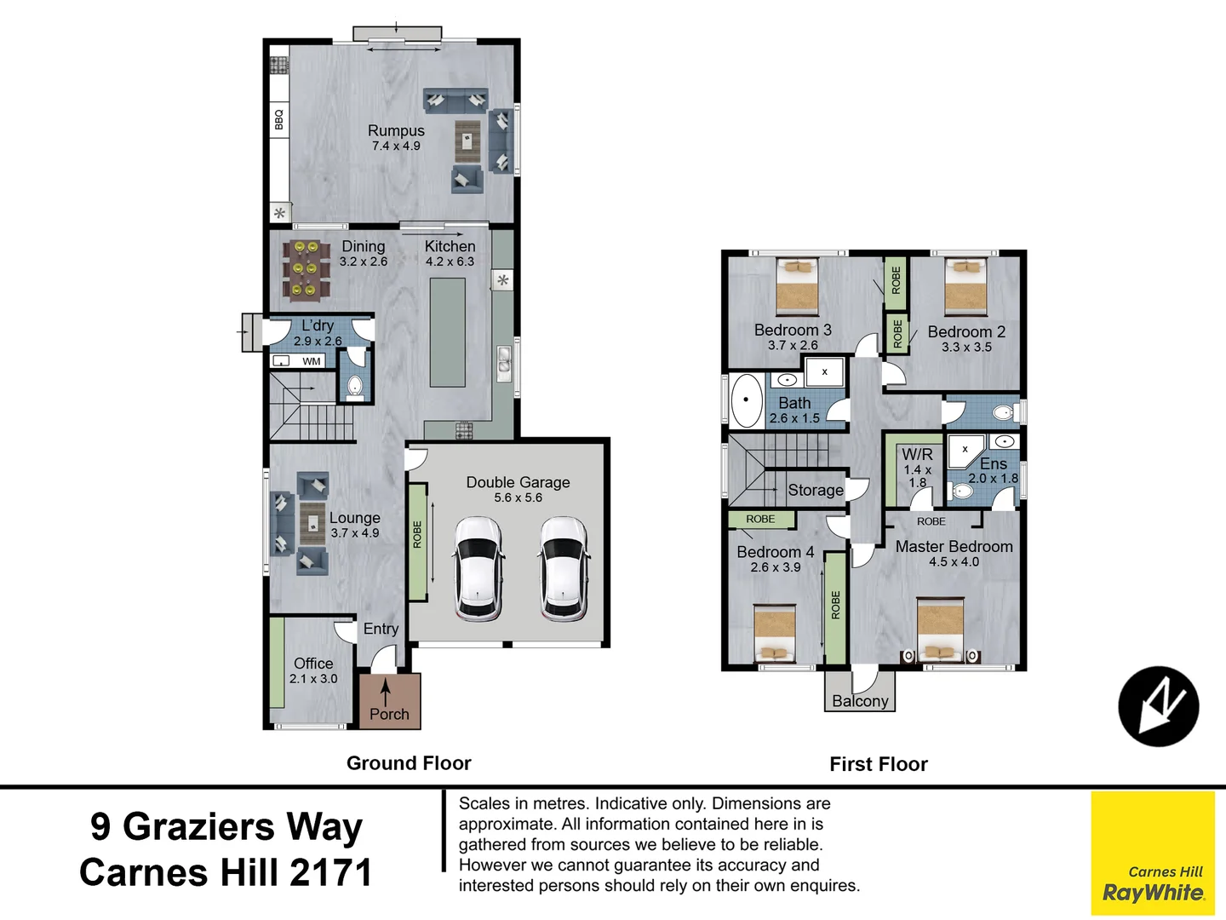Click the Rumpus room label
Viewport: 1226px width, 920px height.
coord(396,130)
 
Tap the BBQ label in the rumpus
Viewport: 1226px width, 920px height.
coord(278,119)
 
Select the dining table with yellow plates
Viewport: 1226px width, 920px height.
coord(306,270)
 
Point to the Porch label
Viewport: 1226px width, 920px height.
coord(389,714)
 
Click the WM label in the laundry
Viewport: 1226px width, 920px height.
coord(312,361)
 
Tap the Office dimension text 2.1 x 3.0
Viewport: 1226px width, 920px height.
coord(313,679)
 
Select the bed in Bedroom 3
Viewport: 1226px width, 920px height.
coord(797,288)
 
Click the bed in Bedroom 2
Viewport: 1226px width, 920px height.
coord(965,288)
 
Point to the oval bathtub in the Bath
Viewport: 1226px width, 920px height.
coord(747,400)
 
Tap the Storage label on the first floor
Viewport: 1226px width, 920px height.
coord(815,490)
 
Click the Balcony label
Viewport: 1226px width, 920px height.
coord(860,701)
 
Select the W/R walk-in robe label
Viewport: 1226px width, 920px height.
coord(917,455)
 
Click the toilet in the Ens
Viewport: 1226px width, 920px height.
coord(962,492)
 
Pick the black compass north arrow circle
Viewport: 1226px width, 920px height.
coord(1158,706)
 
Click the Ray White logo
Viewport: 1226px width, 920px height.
coord(1153,886)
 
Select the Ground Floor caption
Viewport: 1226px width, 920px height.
coord(409,763)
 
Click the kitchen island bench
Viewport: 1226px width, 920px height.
coord(447,332)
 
